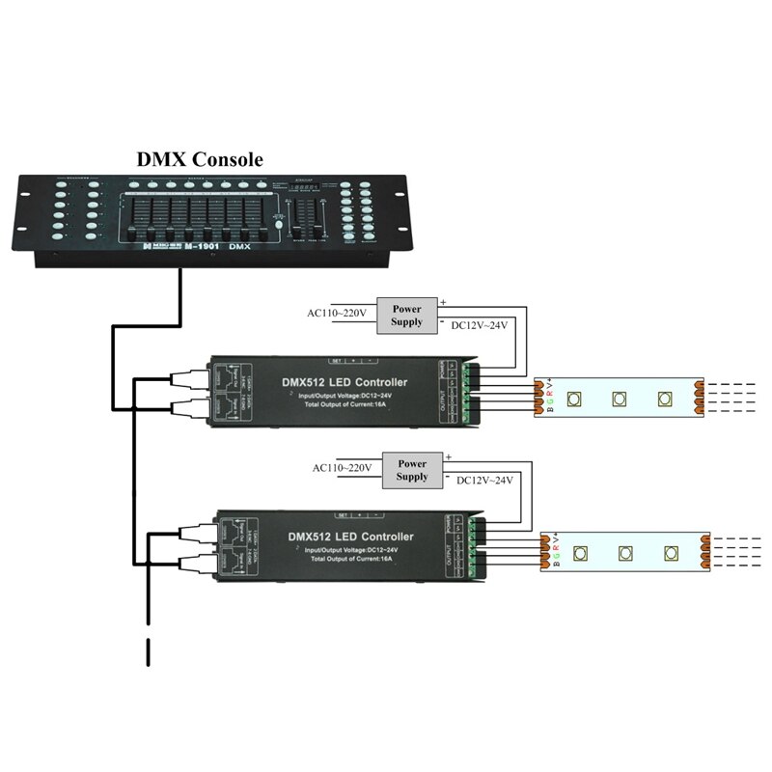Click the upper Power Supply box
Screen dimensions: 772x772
tap(407, 315)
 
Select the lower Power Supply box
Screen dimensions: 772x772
tap(412, 470)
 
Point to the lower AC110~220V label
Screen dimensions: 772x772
tap(343, 468)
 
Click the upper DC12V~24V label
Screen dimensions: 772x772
tap(480, 325)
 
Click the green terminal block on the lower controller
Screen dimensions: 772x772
tap(475, 548)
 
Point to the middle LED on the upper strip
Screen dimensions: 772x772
tap(617, 397)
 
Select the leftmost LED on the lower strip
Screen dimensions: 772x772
tap(580, 552)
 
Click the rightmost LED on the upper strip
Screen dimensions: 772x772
tap(663, 398)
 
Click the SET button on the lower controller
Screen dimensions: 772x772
tap(344, 513)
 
